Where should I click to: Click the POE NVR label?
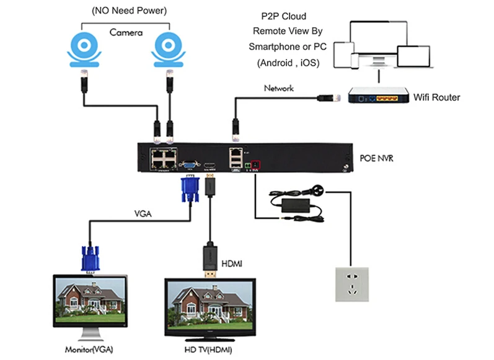point(377,159)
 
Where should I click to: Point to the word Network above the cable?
point(278,89)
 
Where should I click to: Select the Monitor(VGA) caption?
point(89,349)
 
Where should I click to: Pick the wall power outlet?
point(351,284)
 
